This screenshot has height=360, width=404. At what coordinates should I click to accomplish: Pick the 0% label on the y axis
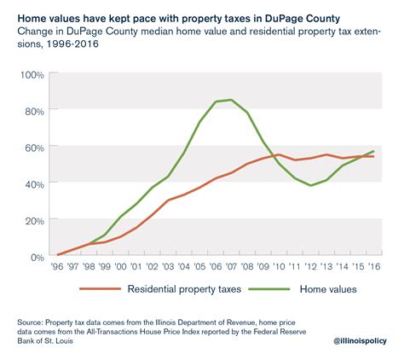pyautogui.click(x=37, y=257)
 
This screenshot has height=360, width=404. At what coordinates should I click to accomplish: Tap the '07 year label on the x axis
pyautogui.click(x=231, y=266)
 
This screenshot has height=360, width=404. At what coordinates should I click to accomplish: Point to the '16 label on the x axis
pyautogui.click(x=373, y=266)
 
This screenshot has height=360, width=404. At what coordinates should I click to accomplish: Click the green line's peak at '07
pyautogui.click(x=231, y=100)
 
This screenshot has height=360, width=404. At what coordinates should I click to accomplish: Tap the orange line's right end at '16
pyautogui.click(x=373, y=156)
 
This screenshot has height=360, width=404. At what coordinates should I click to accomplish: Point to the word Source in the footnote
pyautogui.click(x=34, y=322)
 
